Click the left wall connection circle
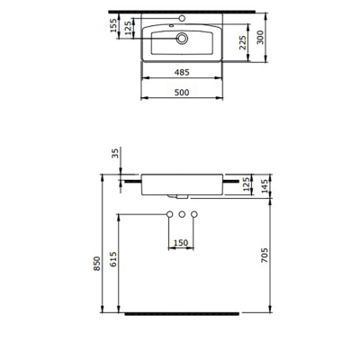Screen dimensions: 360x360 [169, 213]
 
